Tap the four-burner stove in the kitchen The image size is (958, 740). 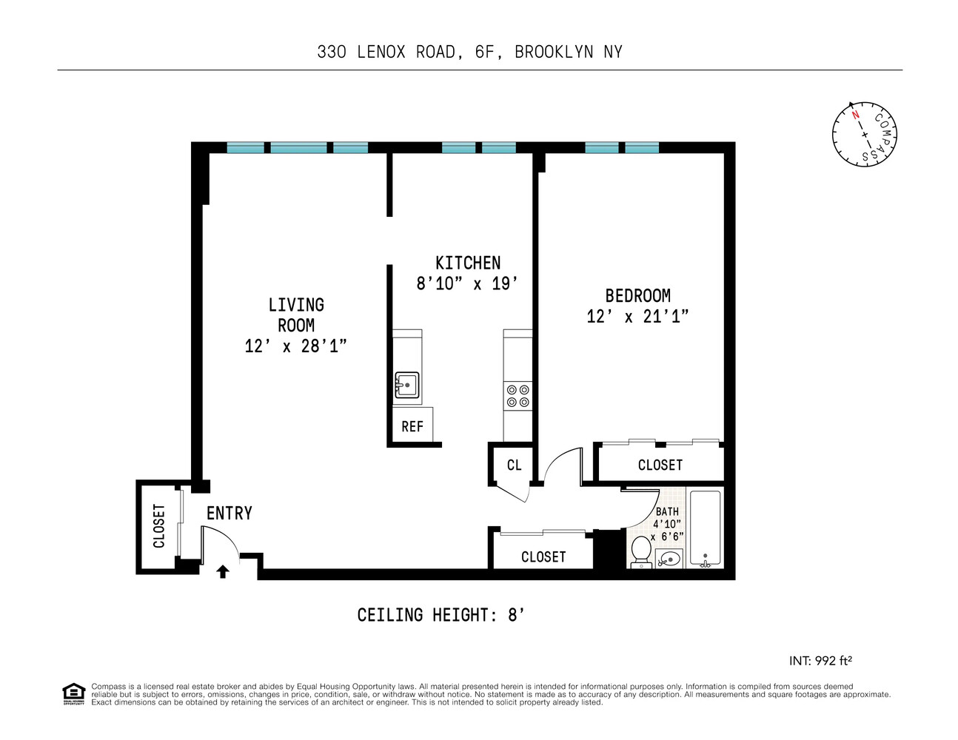coord(517,396)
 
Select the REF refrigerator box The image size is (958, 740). coord(412,426)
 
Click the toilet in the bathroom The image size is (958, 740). coord(640,551)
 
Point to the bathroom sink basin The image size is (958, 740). coord(669,559)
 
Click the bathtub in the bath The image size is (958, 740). coord(705,528)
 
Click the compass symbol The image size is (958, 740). coord(864,135)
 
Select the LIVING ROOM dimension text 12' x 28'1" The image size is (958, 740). coord(295,346)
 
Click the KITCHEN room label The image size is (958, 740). coord(468,263)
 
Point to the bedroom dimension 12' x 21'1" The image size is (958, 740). coord(637,317)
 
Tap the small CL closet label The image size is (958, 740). coord(514,465)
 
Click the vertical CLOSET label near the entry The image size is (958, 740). coord(158,526)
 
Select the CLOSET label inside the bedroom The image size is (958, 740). coord(660,465)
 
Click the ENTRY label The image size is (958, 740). coord(229,513)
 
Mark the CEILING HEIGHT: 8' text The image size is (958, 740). coord(441,615)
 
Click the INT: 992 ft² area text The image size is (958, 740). coord(820,661)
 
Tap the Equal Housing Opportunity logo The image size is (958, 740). coord(73,694)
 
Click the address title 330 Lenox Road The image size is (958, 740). coord(469,52)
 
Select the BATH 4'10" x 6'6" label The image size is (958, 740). coord(666,524)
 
